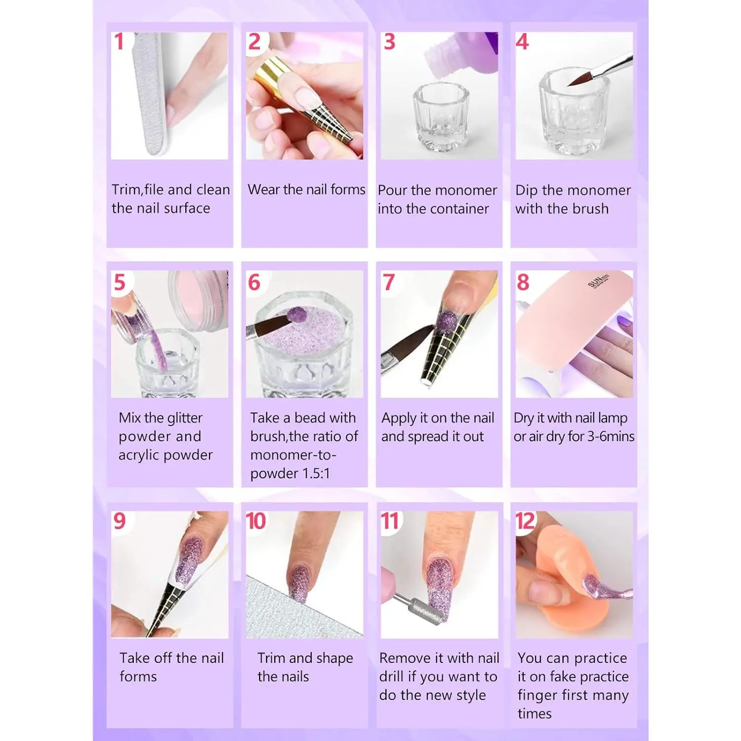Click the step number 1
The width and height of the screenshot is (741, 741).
point(119,42)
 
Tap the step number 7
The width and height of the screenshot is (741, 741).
point(389,283)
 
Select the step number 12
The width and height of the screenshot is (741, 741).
point(525,521)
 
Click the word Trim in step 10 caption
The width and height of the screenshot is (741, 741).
point(272,658)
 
